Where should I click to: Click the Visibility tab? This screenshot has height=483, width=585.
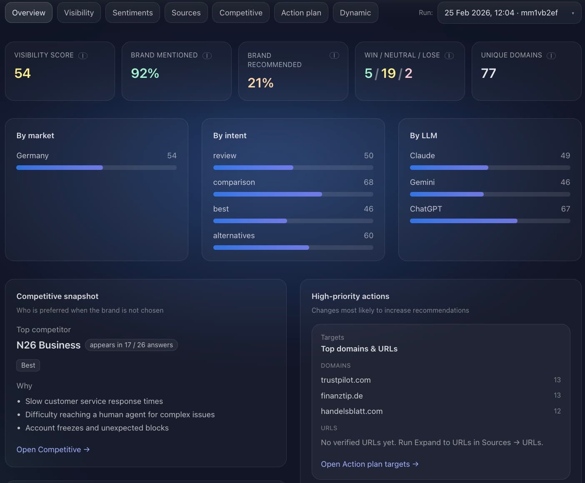79,13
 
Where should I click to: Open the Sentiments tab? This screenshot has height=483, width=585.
132,13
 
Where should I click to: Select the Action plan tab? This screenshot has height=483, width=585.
301,13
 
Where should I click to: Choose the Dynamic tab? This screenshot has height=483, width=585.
355,13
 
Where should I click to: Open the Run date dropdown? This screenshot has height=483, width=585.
509,13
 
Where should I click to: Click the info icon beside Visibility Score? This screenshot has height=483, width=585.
83,55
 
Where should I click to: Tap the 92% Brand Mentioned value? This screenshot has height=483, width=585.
145,73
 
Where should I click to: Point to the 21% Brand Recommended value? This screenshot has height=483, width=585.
260,83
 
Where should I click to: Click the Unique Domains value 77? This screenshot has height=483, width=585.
488,73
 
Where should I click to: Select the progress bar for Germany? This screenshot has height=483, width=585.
96,167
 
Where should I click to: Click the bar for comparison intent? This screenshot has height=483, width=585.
293,194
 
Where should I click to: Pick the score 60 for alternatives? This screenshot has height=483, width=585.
368,235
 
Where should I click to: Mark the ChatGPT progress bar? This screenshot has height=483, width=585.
490,221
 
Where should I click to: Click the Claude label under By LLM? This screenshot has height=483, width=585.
422,155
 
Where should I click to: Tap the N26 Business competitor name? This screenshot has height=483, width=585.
48,345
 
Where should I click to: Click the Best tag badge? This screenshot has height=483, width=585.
28,365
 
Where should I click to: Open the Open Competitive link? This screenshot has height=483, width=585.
53,449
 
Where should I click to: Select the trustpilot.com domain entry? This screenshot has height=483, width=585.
345,380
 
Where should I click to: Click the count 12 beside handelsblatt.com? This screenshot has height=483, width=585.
557,411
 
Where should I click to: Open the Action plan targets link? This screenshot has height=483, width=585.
370,464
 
